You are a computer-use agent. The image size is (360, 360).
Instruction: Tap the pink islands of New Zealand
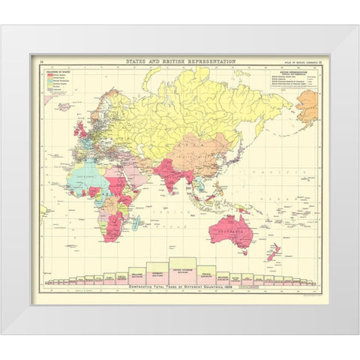coord(273,251)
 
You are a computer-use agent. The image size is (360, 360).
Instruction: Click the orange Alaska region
coord(307,106)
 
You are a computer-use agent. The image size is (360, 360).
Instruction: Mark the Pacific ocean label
coord(284,171)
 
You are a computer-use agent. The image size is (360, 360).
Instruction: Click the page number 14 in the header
coord(40,61)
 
